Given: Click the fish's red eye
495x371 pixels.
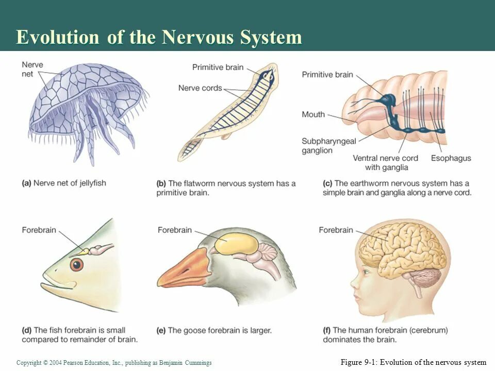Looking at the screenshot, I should (76, 265).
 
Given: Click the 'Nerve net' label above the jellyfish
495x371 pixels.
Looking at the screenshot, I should (32, 70).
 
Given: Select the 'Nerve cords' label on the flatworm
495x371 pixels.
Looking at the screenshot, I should (200, 88).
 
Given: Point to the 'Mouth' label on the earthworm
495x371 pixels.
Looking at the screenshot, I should (313, 114).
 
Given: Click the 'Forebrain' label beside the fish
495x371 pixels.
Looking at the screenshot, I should (39, 230).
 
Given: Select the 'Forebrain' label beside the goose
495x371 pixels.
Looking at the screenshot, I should (175, 230).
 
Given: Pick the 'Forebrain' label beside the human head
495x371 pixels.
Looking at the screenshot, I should (336, 230).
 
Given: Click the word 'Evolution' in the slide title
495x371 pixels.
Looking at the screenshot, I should (57, 38).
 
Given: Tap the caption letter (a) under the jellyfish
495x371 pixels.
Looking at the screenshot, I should (26, 183).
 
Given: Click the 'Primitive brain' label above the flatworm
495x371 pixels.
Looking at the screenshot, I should (218, 68).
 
